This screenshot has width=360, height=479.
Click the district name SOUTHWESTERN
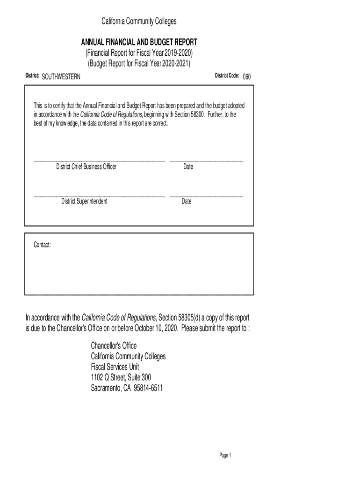[61, 77]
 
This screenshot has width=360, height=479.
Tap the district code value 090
[246, 76]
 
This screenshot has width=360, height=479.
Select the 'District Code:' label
[227, 75]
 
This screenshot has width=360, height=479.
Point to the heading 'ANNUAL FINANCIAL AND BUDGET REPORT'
[139, 42]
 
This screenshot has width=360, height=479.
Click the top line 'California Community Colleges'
[139, 21]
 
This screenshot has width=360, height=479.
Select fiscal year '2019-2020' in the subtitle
[176, 53]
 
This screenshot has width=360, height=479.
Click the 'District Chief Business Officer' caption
[86, 167]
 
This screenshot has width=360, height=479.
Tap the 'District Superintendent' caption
[84, 201]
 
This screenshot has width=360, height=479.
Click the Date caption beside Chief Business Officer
[188, 167]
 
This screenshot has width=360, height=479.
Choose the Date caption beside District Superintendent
[187, 202]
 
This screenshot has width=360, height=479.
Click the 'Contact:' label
[42, 245]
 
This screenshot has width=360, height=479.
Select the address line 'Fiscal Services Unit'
[115, 367]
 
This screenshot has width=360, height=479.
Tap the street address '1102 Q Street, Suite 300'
[121, 377]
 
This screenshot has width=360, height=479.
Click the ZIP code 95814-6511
[148, 388]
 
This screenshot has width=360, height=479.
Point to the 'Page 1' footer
[225, 456]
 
